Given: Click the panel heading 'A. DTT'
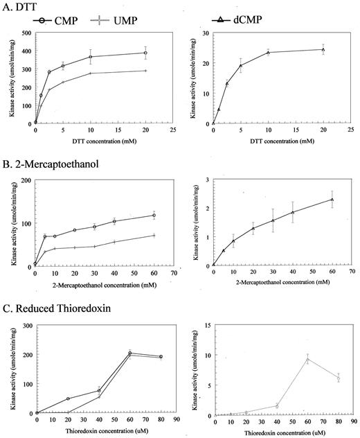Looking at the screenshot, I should pyautogui.click(x=22, y=8).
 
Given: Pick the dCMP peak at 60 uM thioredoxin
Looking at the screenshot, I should pyautogui.click(x=307, y=358).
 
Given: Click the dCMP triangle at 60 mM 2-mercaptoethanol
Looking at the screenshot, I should pyautogui.click(x=332, y=200).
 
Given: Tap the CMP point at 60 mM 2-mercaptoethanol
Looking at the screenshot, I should pyautogui.click(x=154, y=215).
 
